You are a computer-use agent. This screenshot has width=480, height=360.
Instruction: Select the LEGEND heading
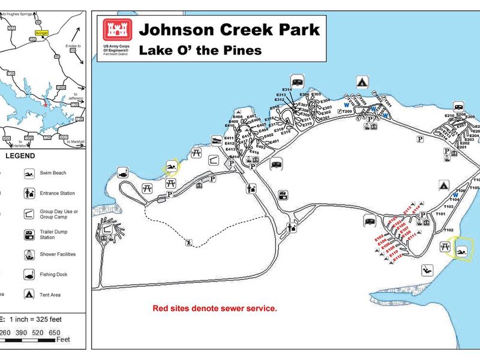pyautogui.click(x=21, y=156)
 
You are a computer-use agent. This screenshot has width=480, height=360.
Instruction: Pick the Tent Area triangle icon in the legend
pyautogui.click(x=28, y=295)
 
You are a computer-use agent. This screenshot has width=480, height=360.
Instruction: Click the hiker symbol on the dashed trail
pyautogui.click(x=190, y=243)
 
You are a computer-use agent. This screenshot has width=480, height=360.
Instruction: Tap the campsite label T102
pyautogui.click(x=448, y=230)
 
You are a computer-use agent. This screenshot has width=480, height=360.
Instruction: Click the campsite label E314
pyautogui.click(x=286, y=90)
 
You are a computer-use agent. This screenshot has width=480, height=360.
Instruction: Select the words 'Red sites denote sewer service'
pyautogui.click(x=215, y=308)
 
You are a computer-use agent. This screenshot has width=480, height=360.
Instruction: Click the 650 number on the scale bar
pyautogui.click(x=55, y=332)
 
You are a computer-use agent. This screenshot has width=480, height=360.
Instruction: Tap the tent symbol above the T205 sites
pyautogui.click(x=362, y=82)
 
